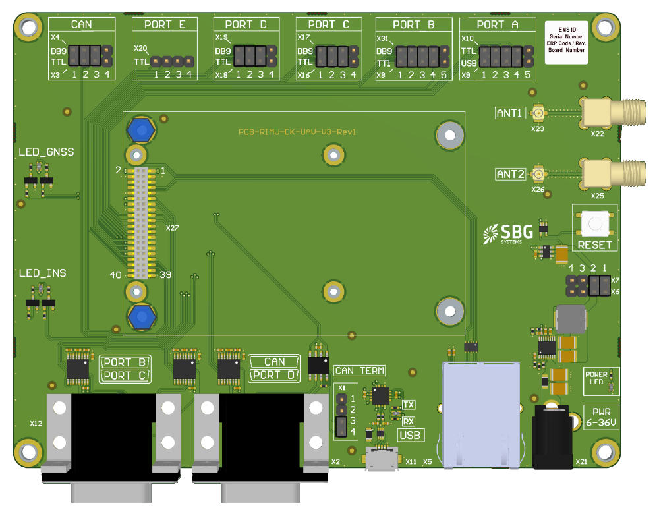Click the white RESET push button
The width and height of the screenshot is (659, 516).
(595, 223)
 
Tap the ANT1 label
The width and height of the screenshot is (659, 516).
(511, 113)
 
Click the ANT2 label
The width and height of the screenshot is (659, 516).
(511, 174)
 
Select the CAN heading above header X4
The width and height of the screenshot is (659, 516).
(82, 25)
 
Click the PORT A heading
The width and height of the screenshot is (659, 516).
(498, 25)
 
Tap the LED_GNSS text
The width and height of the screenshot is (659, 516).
(46, 152)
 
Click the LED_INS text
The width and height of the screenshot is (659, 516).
(42, 273)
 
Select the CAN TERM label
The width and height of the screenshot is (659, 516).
(360, 371)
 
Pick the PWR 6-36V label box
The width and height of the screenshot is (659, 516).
(600, 418)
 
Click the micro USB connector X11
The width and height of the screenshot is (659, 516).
(383, 459)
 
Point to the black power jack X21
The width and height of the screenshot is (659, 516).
(551, 438)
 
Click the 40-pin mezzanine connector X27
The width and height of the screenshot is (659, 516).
(140, 223)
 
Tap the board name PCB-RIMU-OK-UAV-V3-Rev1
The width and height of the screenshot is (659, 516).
(297, 132)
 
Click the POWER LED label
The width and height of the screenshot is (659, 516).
(596, 378)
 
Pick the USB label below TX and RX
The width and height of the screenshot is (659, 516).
(410, 435)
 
